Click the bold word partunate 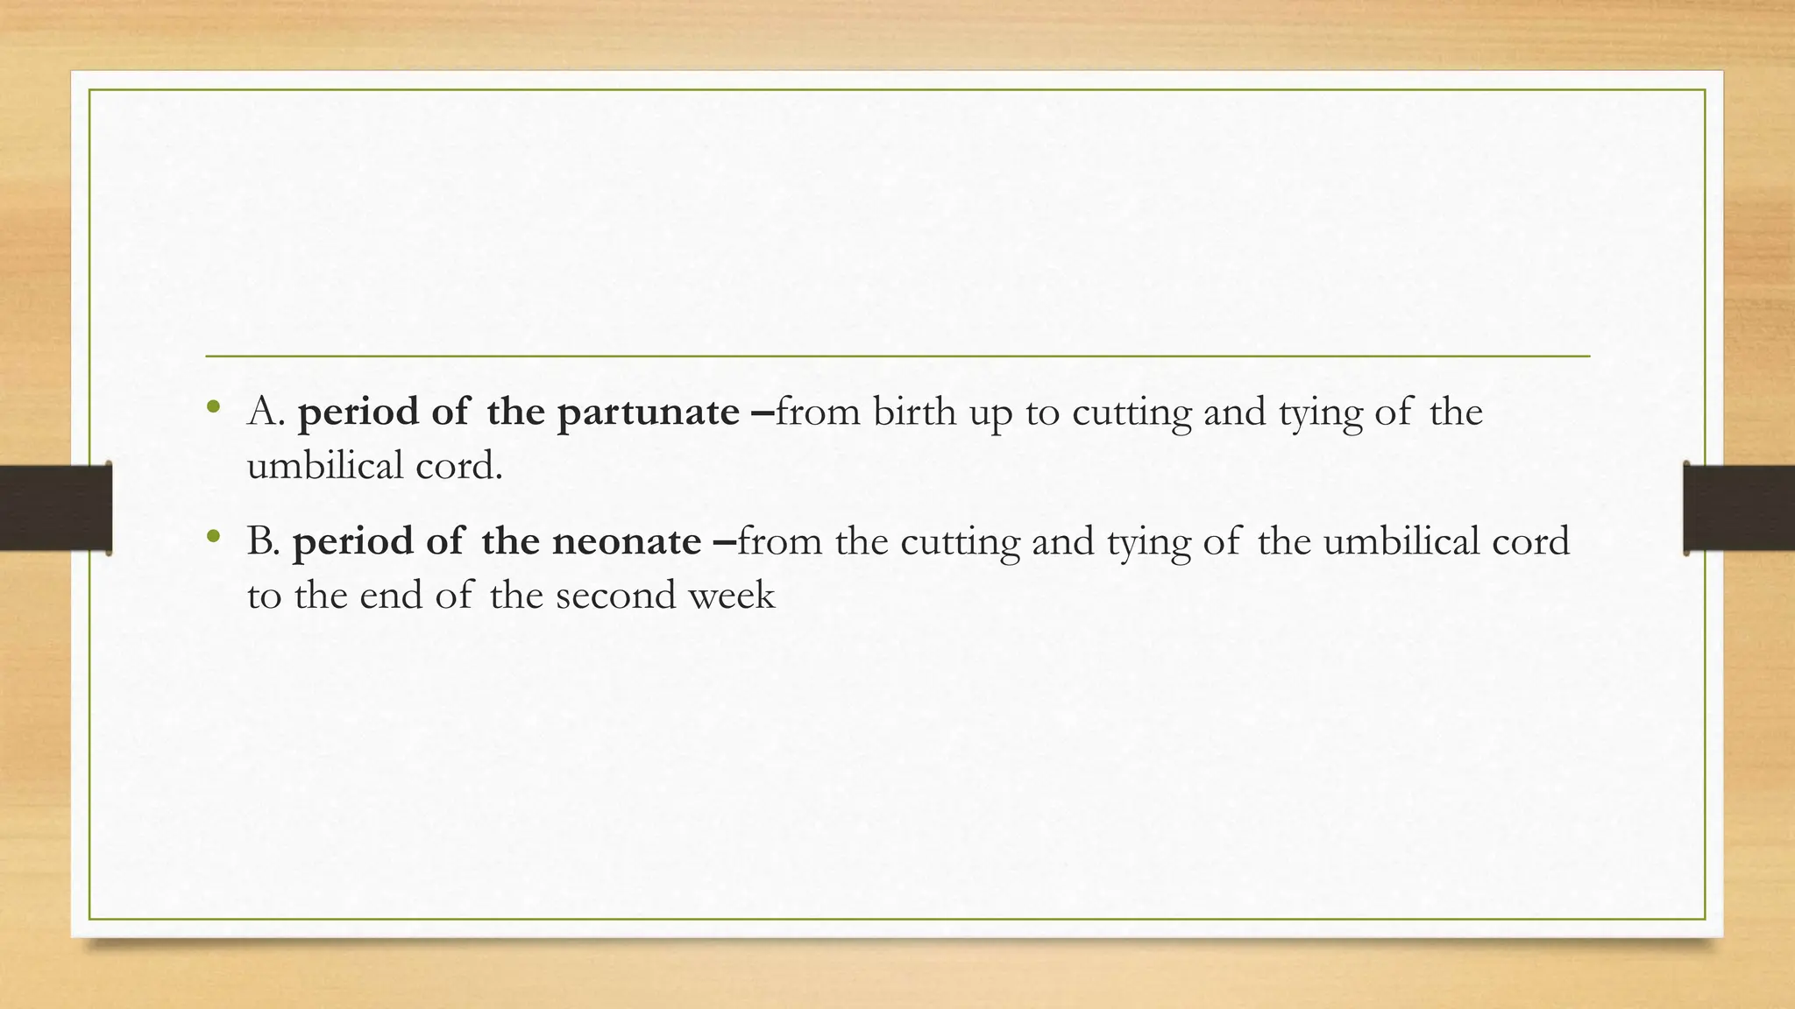click(648, 413)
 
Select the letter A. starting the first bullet click(266, 412)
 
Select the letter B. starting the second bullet click(263, 541)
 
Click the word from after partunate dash click(818, 412)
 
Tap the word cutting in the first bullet click(1132, 412)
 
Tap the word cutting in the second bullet click(960, 541)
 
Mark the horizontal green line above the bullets click(897, 356)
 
